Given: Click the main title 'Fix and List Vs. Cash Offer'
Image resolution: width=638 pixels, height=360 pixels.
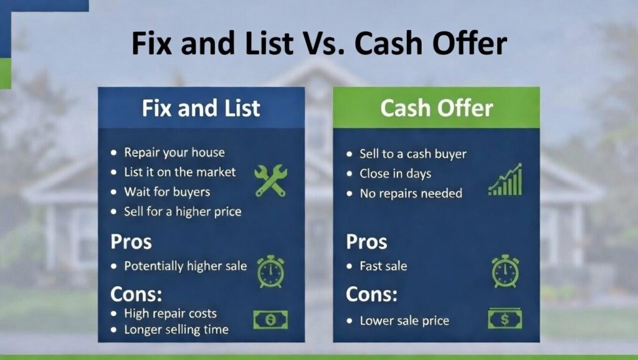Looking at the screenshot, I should (319, 44).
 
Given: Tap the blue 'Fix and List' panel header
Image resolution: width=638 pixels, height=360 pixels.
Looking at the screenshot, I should (201, 108).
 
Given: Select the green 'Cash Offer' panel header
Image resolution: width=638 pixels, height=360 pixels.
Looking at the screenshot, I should (436, 108).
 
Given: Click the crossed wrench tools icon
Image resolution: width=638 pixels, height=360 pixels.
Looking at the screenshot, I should (270, 180).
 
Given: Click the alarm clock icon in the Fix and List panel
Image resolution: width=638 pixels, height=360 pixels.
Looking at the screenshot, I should (270, 271).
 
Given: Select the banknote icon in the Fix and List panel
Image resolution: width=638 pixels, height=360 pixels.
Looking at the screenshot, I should (270, 320).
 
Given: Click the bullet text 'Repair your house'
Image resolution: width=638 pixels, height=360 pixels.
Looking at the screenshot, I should (174, 153).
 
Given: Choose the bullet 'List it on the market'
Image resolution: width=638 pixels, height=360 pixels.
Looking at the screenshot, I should (180, 172).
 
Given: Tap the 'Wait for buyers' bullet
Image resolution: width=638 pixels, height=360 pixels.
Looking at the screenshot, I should (167, 191).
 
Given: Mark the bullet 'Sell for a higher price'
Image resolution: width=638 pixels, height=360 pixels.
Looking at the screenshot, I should (183, 211).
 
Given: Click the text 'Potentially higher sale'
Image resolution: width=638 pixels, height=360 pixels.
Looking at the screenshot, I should (185, 266).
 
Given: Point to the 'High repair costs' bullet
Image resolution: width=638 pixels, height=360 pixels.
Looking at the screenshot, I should (170, 313).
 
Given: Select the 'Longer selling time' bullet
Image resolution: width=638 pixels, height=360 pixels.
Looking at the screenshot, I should (176, 329).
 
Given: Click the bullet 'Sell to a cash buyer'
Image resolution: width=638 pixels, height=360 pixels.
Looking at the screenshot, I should (412, 154).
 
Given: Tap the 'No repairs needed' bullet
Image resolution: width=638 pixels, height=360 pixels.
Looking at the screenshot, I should (411, 193).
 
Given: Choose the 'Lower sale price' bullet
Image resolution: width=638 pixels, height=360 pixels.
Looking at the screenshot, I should (404, 321).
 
